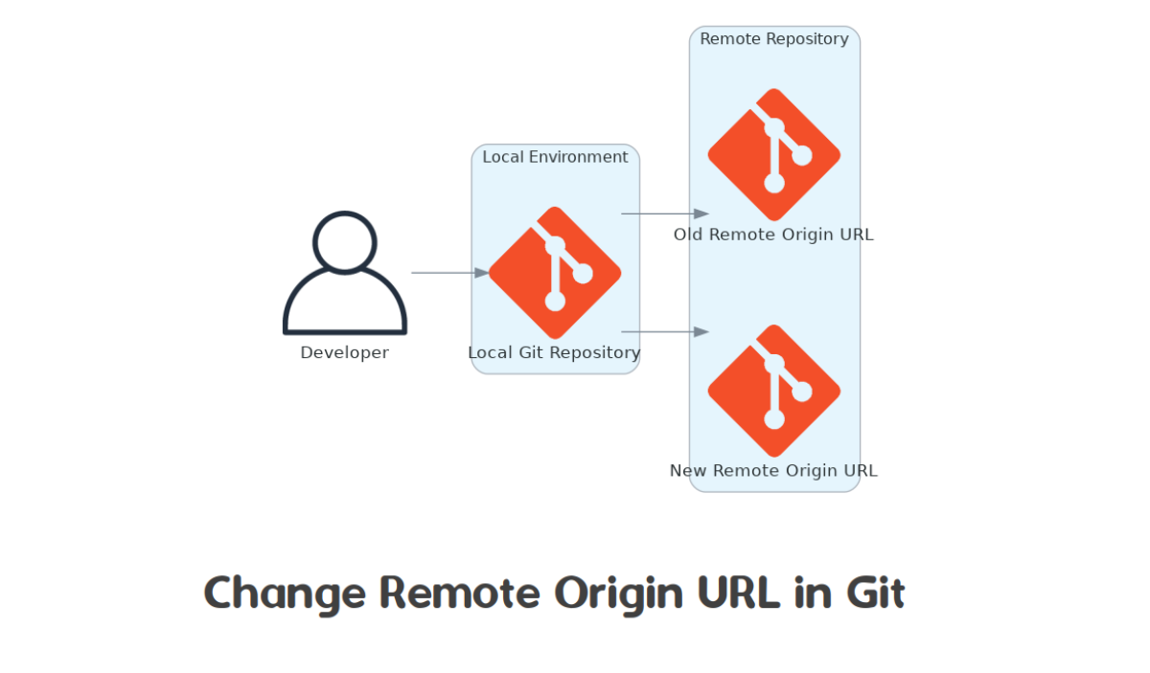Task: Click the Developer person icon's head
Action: click(345, 241)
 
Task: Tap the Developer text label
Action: click(345, 352)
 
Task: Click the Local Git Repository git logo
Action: click(555, 273)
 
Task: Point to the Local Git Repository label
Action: click(554, 352)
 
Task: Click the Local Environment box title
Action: click(555, 157)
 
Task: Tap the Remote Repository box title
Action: click(774, 39)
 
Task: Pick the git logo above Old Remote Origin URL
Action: click(774, 155)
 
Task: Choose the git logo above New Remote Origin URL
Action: click(774, 391)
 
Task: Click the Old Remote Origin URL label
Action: click(773, 235)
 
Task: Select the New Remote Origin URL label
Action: click(773, 470)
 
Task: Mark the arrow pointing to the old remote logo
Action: click(665, 213)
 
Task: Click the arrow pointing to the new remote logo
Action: click(665, 331)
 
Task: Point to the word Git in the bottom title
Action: click(875, 593)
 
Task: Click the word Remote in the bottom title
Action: click(460, 593)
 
